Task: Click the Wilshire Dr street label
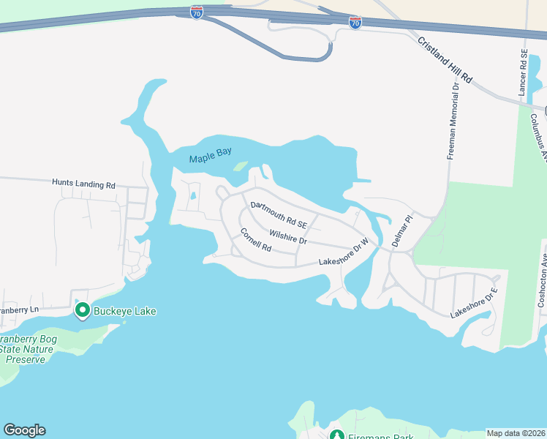[x=287, y=236]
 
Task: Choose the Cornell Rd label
[x=256, y=240]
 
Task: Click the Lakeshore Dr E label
[x=473, y=303]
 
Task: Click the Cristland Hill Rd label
[x=446, y=59]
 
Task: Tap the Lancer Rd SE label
[x=522, y=73]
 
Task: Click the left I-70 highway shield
[x=196, y=13]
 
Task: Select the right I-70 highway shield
[x=355, y=23]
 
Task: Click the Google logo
[x=24, y=430]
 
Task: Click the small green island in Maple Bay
[x=240, y=166]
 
